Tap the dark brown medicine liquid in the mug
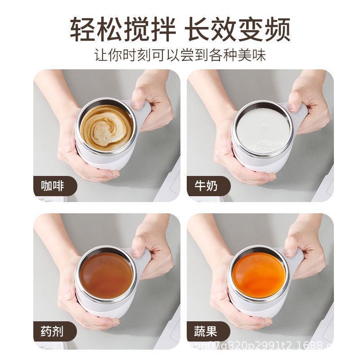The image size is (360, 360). point(106,274)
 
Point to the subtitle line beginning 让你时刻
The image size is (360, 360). point(180,55)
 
